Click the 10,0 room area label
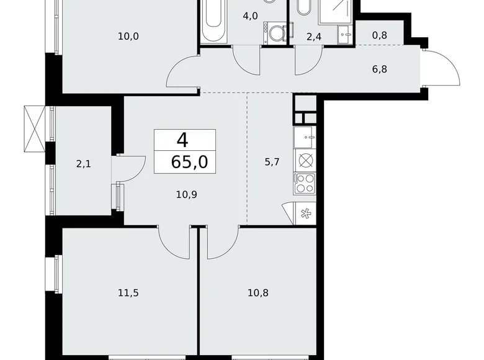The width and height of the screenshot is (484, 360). pyautogui.click(x=128, y=36)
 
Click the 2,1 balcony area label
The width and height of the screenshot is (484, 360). pyautogui.click(x=84, y=164)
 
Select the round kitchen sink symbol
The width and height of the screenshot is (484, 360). pyautogui.click(x=305, y=160)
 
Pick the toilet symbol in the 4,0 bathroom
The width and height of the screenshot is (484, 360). pyautogui.click(x=274, y=32)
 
